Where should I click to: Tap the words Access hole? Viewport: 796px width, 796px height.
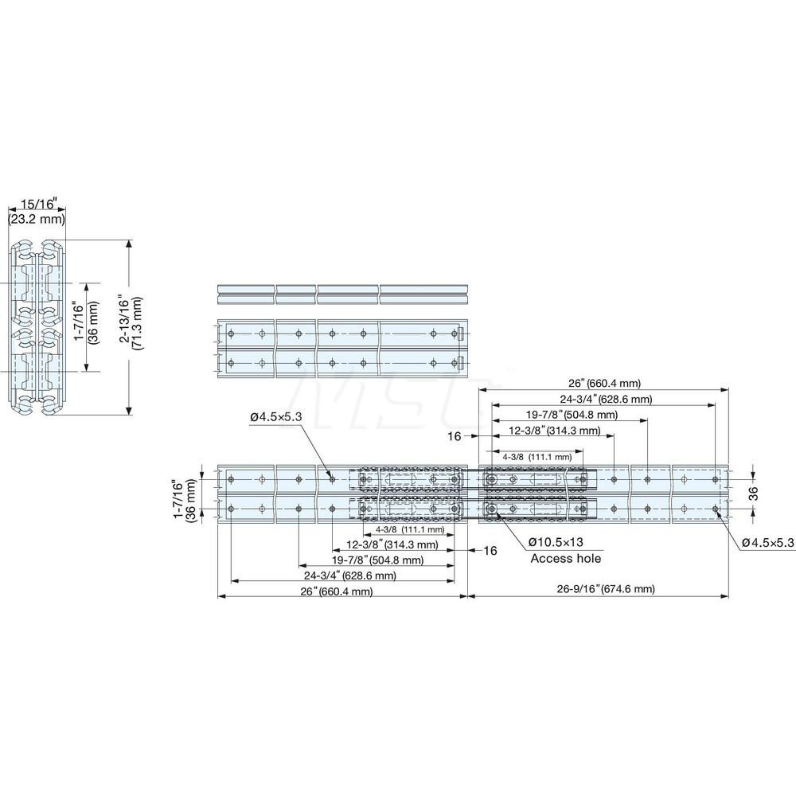point(566,559)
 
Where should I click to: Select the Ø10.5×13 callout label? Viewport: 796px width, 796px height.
point(566,543)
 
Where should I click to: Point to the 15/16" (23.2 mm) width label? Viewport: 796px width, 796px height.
point(37,212)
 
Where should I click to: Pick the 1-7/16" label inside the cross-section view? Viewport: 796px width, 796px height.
point(84,327)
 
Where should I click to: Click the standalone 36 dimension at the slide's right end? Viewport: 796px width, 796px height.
point(753,494)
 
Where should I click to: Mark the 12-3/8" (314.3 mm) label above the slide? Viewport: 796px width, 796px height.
point(556,431)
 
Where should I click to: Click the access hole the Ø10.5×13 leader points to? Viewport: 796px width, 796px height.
point(493,508)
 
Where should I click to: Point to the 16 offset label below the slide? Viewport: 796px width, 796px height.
point(489,549)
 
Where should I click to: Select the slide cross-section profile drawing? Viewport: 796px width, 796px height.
point(37,327)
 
